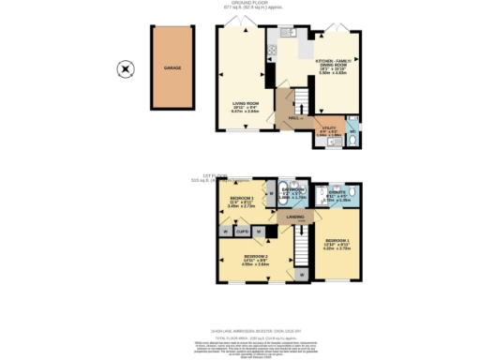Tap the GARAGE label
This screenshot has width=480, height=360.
pyautogui.click(x=173, y=68)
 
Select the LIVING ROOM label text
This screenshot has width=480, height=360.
pyautogui.click(x=246, y=105)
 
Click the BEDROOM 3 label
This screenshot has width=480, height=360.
pyautogui.click(x=242, y=200)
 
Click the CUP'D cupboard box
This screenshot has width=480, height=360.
pyautogui.click(x=241, y=230)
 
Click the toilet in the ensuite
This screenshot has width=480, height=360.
pyautogui.click(x=321, y=193)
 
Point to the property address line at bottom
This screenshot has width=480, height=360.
pyautogui.click(x=240, y=327)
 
